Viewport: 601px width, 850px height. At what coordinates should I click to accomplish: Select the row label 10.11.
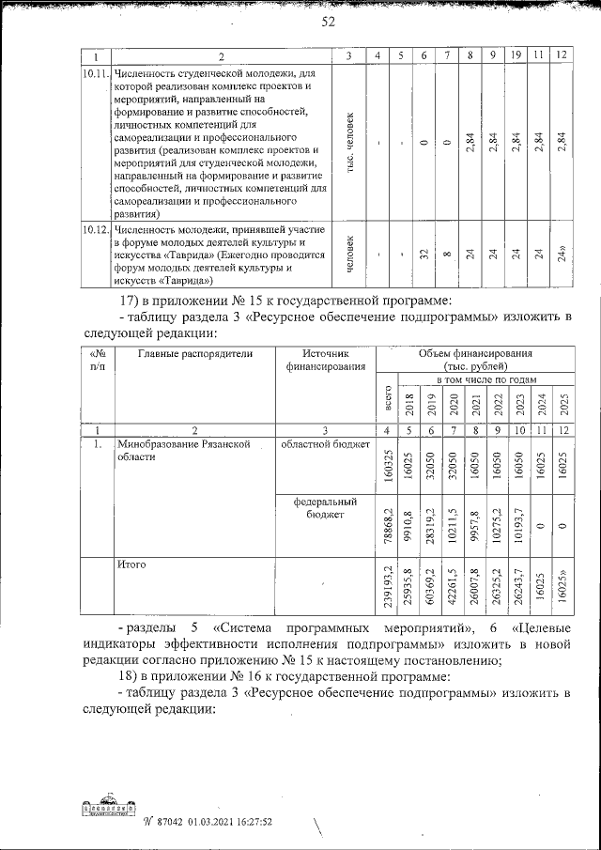95,72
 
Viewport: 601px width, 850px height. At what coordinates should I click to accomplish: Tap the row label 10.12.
95,229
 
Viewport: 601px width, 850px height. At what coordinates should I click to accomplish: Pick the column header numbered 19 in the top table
516,55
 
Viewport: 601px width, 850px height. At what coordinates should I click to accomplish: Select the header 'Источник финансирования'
324,360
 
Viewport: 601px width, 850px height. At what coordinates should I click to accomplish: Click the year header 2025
561,404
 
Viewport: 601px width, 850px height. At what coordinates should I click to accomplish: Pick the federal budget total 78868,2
387,525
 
